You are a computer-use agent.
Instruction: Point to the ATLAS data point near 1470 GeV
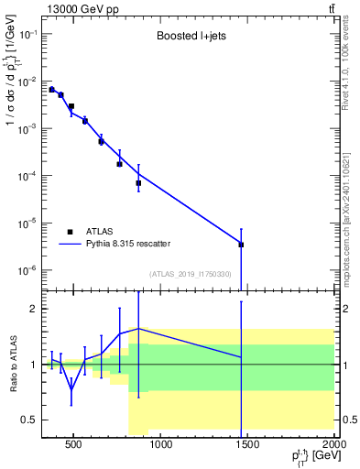point(241,245)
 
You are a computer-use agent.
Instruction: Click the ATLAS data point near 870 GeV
point(138,183)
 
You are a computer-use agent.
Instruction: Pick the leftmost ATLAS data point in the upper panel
point(51,90)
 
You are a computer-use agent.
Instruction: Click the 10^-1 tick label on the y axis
point(27,34)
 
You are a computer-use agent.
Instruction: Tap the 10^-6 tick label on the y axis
point(27,270)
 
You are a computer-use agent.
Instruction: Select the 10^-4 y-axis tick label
point(27,176)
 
